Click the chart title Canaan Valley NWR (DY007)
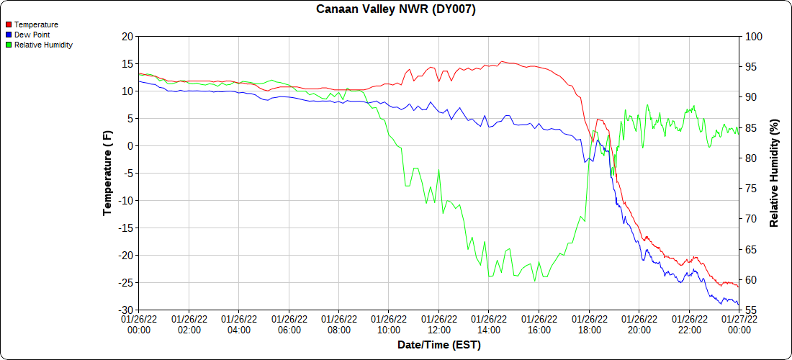(x=396, y=9)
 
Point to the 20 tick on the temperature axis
(x=127, y=36)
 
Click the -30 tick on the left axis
(x=125, y=310)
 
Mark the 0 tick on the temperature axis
(x=130, y=145)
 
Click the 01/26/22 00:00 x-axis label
(x=139, y=324)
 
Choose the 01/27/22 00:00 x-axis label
(x=739, y=324)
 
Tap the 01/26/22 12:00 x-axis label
(x=439, y=324)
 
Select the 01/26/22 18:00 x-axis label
(x=589, y=324)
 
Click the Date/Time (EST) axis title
(x=439, y=345)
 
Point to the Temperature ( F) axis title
(x=108, y=173)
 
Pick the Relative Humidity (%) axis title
(x=775, y=173)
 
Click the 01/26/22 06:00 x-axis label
(x=289, y=324)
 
